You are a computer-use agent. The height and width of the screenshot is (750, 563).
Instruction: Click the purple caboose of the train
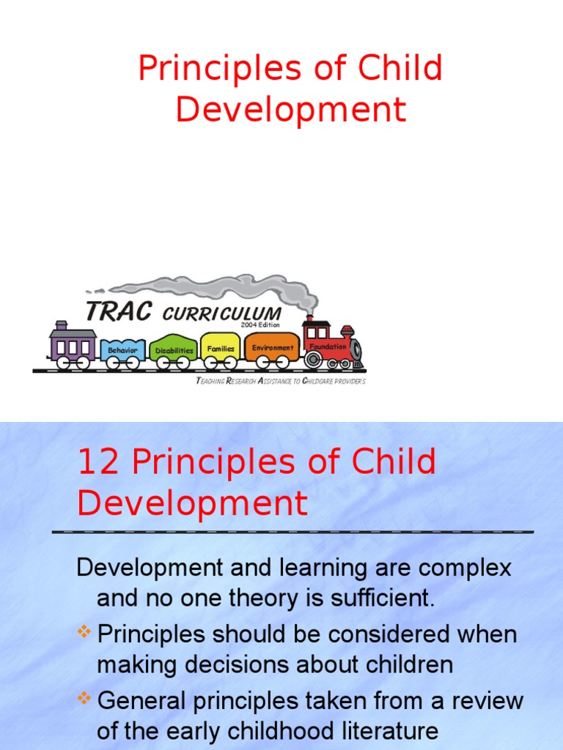pos(72,344)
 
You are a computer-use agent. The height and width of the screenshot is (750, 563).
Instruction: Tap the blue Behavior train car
pos(122,350)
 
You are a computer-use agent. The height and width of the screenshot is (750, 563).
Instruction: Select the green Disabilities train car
pos(174,350)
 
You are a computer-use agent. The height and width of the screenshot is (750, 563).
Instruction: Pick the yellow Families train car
pos(221,349)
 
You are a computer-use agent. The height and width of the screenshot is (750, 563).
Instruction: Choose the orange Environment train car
pos(272,348)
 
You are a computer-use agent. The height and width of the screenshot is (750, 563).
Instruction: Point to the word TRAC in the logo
pos(119,312)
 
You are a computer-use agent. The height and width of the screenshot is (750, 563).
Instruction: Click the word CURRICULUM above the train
pos(221,314)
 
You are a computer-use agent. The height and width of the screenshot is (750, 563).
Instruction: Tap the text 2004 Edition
pos(260,324)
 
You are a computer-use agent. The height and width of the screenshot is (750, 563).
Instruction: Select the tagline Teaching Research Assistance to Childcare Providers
pos(281,381)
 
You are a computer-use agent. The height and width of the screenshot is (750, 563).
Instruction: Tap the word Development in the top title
pos(290,109)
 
